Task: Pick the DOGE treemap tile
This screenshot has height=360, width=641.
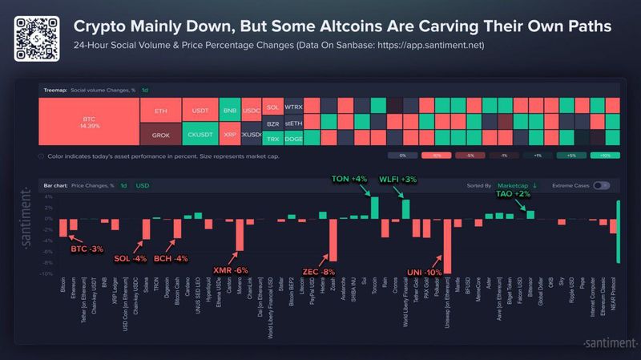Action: point(294,138)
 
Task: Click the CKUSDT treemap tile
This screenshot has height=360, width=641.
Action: point(199,134)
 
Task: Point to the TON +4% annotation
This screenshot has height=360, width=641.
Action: point(349,179)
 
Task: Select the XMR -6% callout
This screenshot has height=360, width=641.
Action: point(230,270)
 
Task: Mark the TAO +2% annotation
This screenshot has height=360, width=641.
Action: point(514,194)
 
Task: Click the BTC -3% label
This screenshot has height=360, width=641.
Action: point(87,249)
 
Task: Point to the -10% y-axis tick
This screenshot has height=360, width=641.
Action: point(48,274)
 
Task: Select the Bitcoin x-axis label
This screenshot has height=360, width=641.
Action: point(63,287)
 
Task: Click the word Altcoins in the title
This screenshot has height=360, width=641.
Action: point(383,26)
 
